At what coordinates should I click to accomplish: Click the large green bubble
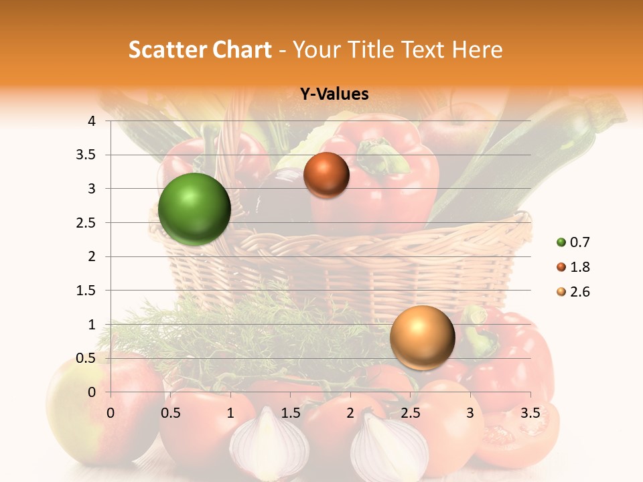click(x=194, y=209)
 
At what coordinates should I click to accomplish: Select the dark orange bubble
click(x=326, y=175)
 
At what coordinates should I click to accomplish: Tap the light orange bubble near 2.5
click(x=422, y=337)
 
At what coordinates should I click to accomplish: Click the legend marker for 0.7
click(x=561, y=242)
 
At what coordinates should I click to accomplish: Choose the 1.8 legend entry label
click(x=579, y=267)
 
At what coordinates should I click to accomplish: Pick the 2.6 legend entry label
click(x=579, y=292)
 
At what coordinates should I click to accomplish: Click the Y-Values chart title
click(x=334, y=94)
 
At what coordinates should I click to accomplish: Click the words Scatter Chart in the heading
click(x=200, y=49)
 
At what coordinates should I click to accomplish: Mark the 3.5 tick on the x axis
click(x=530, y=413)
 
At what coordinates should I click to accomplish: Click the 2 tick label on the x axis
click(x=350, y=413)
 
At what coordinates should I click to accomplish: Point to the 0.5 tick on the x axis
click(x=170, y=413)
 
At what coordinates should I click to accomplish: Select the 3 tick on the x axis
click(x=470, y=413)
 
